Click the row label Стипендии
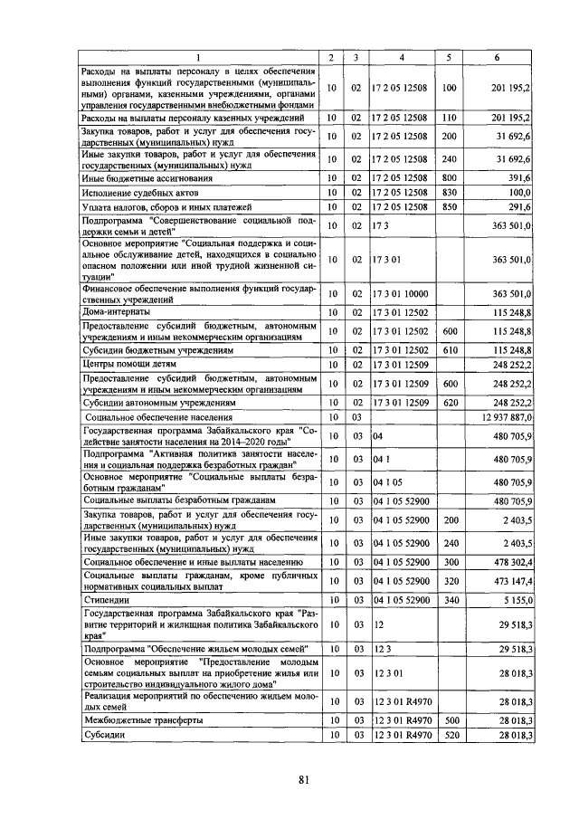click(106, 599)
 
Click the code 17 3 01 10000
click(401, 293)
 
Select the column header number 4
click(401, 58)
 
